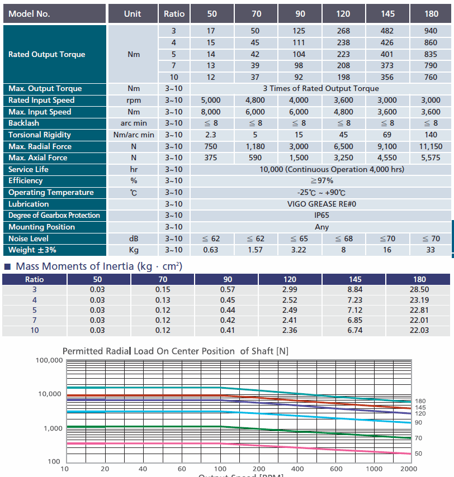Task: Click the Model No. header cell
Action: click(x=54, y=14)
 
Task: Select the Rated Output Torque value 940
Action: click(x=431, y=31)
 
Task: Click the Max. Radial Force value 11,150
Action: click(x=431, y=146)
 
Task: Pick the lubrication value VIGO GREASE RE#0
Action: click(x=321, y=204)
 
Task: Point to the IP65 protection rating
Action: click(x=321, y=215)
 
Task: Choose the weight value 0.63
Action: click(x=211, y=250)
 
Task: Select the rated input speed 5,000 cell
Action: click(x=211, y=100)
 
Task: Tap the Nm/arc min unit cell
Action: click(x=134, y=135)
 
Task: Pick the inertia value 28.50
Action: click(x=419, y=289)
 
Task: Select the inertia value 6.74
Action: click(x=354, y=330)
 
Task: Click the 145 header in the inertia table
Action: click(x=354, y=279)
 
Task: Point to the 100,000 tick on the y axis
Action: click(x=49, y=360)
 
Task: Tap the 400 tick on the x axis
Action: click(x=297, y=469)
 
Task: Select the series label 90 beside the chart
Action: click(x=418, y=423)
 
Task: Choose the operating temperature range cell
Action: click(x=321, y=193)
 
